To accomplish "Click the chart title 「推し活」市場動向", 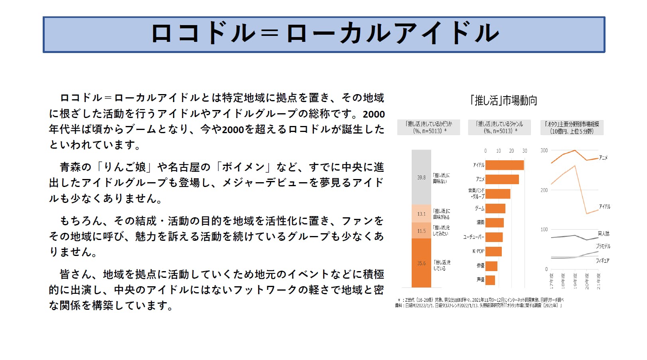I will (x=504, y=100).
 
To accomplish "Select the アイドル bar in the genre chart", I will (x=504, y=165).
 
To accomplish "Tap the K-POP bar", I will (x=493, y=252).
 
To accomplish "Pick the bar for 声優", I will (x=490, y=280).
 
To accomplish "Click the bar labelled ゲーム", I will (x=495, y=209).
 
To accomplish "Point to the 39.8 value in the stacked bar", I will (x=421, y=177).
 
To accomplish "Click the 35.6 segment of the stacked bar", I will (x=421, y=263).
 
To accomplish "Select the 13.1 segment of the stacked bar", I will (x=421, y=214).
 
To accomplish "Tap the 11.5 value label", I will (x=421, y=231).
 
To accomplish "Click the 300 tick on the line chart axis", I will (x=544, y=151).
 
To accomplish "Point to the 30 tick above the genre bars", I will (x=525, y=151).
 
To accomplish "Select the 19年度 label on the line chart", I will (x=575, y=281).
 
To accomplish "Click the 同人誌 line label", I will (x=604, y=234).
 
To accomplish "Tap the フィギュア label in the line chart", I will (x=602, y=261).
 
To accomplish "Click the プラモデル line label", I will (x=603, y=246).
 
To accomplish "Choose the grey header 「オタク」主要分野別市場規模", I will (x=572, y=128).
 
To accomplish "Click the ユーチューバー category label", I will (x=473, y=237).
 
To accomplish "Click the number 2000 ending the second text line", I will (x=374, y=114).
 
